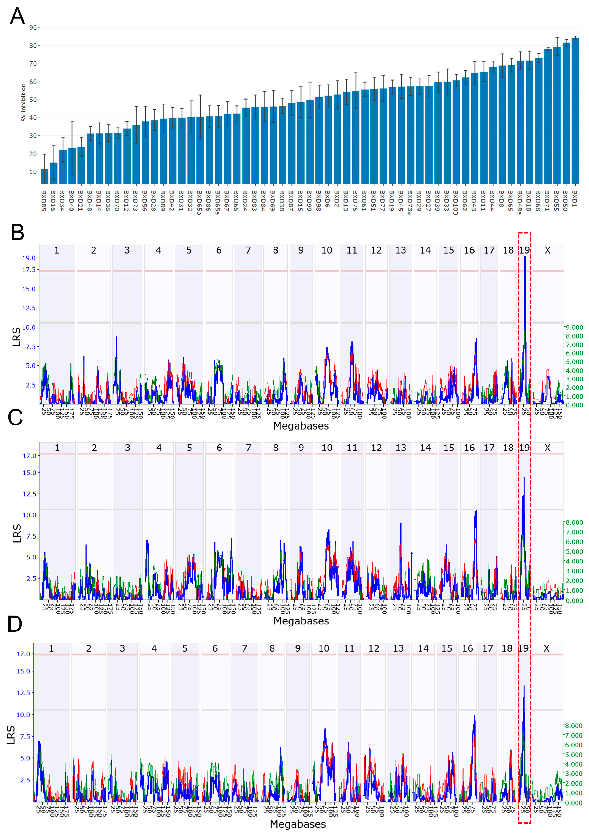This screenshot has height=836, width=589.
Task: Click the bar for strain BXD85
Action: coord(44,177)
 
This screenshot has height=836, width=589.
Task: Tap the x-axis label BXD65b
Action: coord(199,202)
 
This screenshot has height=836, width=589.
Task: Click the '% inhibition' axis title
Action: coord(23,102)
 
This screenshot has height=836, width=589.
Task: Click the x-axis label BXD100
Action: coord(455,202)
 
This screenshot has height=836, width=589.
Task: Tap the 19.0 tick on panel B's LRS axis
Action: coord(29,258)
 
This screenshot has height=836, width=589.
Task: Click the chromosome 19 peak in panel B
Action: coord(525,257)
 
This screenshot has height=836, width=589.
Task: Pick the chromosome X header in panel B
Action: coord(547,250)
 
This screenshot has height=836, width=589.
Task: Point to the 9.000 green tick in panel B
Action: coord(574,327)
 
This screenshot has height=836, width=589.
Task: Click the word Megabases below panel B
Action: coord(301,426)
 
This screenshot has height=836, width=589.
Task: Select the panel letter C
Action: coord(15,417)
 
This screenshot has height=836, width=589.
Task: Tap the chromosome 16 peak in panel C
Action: coord(476,511)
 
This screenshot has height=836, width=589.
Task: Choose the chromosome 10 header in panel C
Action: coord(327,448)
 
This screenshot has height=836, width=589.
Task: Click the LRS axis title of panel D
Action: coord(11,734)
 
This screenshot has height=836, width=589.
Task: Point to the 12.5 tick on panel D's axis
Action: coord(23,692)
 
